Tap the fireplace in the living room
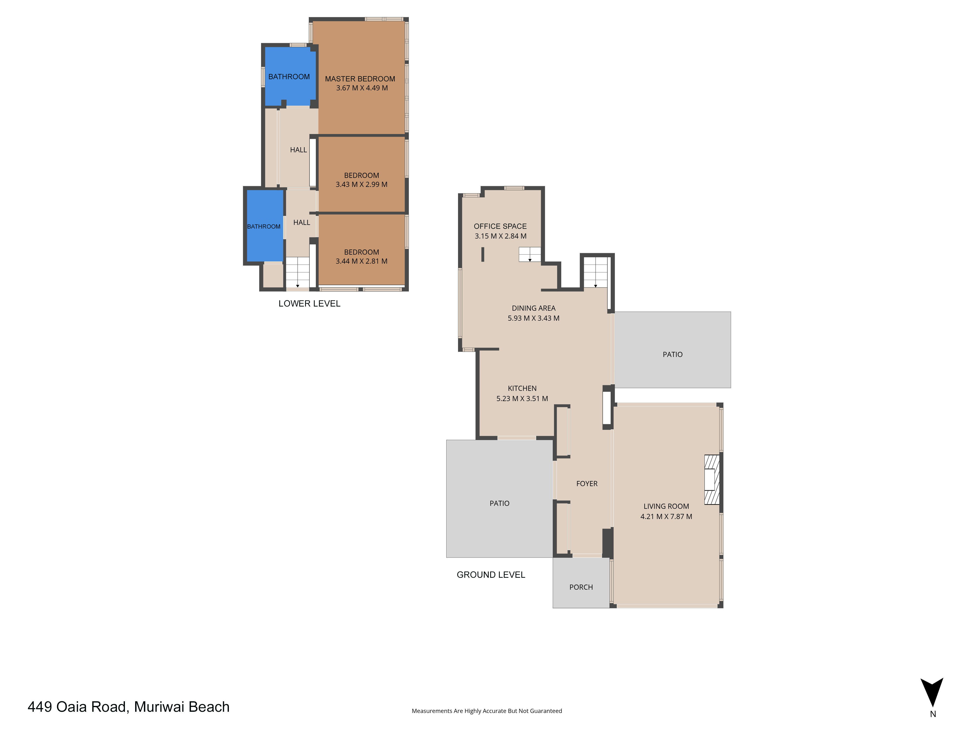click(x=712, y=479)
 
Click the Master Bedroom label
click(x=360, y=79)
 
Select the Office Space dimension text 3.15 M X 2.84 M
click(x=500, y=236)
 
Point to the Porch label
click(x=581, y=587)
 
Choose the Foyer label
click(x=587, y=484)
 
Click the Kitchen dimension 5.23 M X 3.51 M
click(x=522, y=399)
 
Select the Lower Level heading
click(x=309, y=304)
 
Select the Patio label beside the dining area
click(x=672, y=355)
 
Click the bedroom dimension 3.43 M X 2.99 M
click(x=362, y=185)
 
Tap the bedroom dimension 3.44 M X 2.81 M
click(x=362, y=261)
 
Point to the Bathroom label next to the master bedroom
click(x=289, y=77)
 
